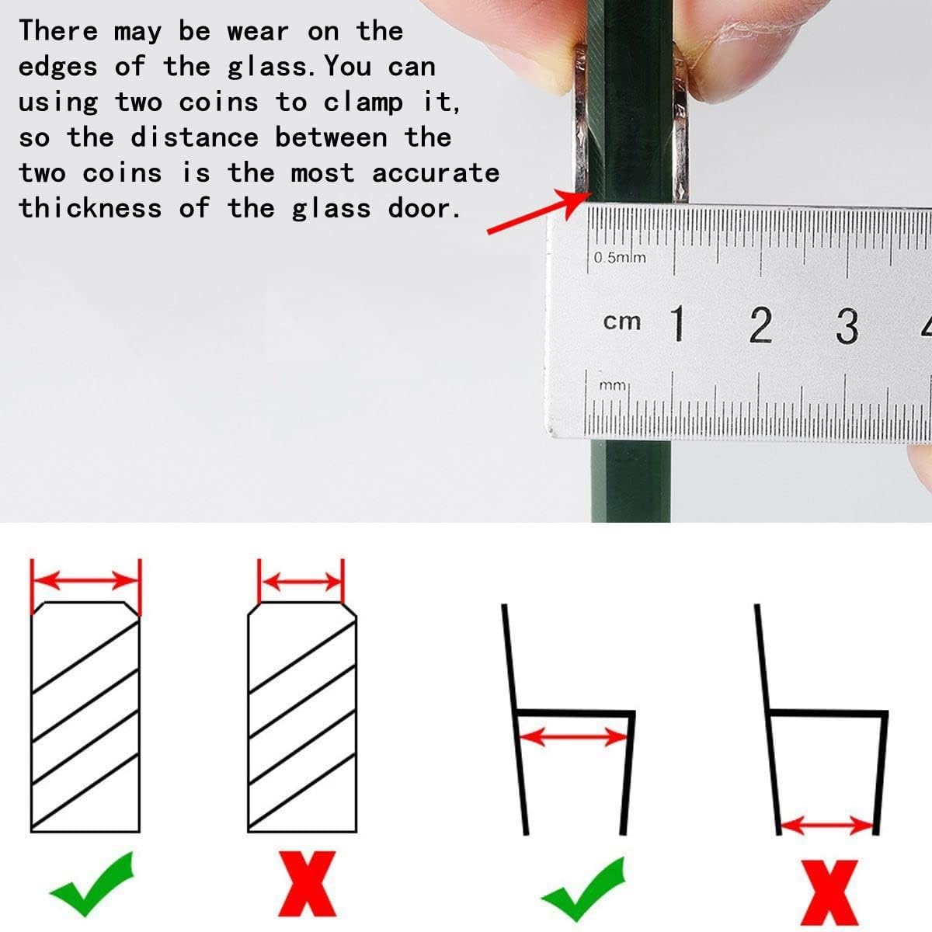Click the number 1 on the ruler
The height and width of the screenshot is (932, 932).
(678, 324)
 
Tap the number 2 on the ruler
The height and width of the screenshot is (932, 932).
(760, 325)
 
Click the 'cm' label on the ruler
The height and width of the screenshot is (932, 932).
(622, 321)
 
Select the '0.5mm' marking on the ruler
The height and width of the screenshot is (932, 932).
(620, 257)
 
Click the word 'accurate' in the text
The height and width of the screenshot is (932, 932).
(435, 172)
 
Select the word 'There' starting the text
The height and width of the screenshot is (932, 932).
(59, 31)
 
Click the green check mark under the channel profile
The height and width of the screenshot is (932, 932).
(583, 889)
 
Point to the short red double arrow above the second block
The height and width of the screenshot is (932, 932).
(301, 582)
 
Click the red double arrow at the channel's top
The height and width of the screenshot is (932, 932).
(573, 736)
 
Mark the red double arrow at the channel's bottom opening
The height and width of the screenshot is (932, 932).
(827, 825)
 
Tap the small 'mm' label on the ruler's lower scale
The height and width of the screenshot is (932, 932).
(613, 384)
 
